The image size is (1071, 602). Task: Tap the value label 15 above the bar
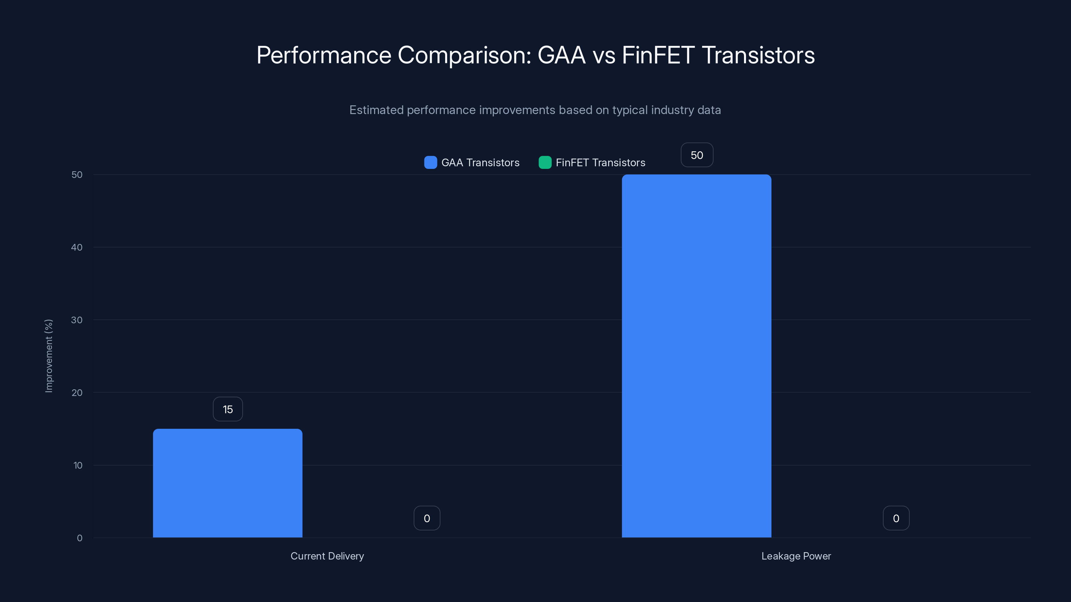click(x=228, y=409)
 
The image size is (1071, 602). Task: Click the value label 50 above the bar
click(x=697, y=155)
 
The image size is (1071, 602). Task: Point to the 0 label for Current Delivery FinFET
click(x=427, y=518)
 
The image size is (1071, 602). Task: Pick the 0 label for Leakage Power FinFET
click(x=896, y=518)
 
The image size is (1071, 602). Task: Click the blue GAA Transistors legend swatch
click(x=430, y=163)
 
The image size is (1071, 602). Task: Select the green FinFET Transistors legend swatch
click(x=545, y=163)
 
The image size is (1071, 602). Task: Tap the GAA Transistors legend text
click(x=480, y=163)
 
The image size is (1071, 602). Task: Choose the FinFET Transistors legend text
click(x=600, y=163)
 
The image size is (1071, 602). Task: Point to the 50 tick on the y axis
click(x=77, y=175)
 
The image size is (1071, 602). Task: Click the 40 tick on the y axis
click(x=77, y=247)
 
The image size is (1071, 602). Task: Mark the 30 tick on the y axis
click(x=77, y=320)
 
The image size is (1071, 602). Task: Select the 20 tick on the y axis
click(x=77, y=393)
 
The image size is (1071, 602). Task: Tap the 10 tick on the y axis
click(x=78, y=465)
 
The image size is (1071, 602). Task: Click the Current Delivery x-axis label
click(x=327, y=556)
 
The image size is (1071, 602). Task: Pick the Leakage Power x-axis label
click(x=796, y=556)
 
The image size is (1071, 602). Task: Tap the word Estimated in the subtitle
click(x=376, y=110)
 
